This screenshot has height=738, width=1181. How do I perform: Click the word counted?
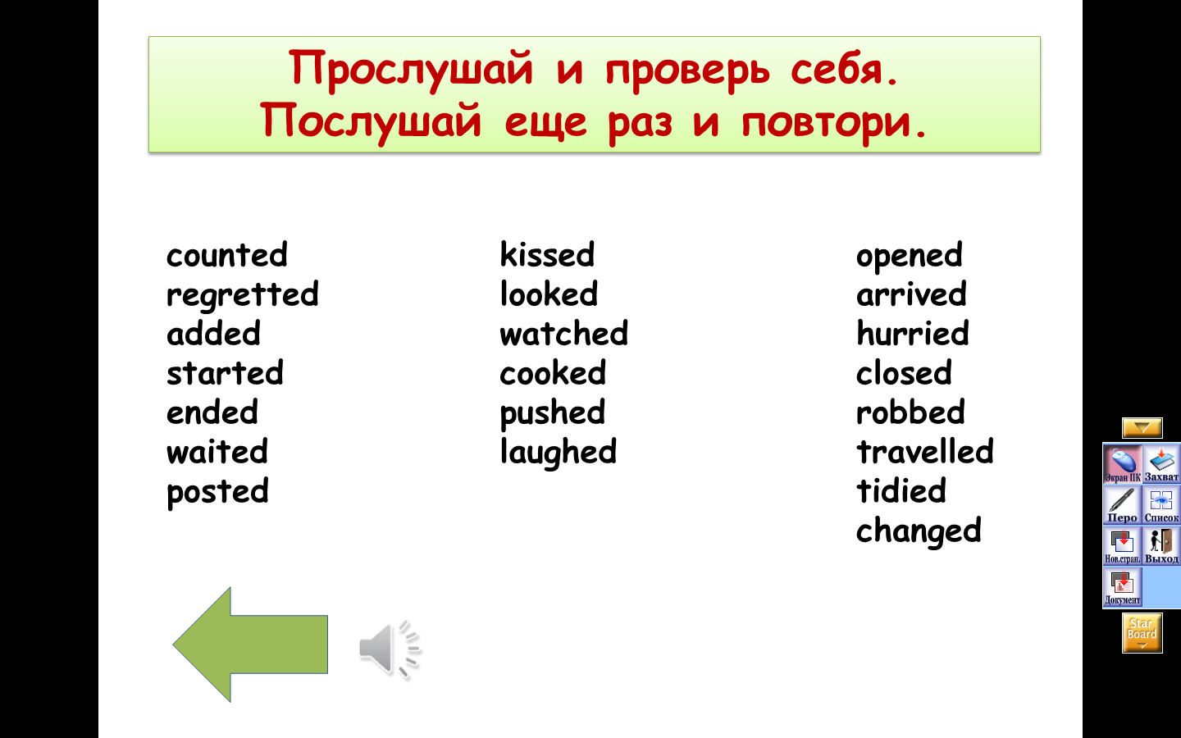click(x=226, y=255)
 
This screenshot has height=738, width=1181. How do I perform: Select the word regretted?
click(x=243, y=296)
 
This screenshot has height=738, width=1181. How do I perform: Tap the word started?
click(x=225, y=373)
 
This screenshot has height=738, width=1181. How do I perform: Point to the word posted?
click(x=217, y=492)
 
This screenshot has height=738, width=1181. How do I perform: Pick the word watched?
click(x=563, y=333)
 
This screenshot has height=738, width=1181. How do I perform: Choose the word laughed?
click(x=558, y=453)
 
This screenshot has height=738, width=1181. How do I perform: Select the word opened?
click(x=909, y=257)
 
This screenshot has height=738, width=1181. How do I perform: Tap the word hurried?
click(x=913, y=333)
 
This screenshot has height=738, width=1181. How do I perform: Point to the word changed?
click(x=919, y=532)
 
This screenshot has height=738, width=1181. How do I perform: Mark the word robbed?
click(x=910, y=412)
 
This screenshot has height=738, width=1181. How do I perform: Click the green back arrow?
click(x=250, y=645)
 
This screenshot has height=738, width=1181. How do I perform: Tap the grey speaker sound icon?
click(x=390, y=649)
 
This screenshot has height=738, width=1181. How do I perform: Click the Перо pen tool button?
click(x=1123, y=504)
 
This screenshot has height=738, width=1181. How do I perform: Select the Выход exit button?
click(x=1161, y=545)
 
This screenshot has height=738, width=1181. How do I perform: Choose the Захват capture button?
click(x=1161, y=464)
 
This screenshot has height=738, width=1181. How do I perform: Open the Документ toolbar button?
click(x=1123, y=587)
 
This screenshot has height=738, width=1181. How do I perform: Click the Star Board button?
click(x=1142, y=632)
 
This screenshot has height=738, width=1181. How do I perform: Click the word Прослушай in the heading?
click(x=411, y=69)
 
